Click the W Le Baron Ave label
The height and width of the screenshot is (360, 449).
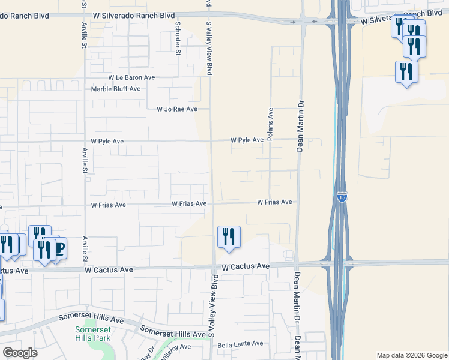point(131,78)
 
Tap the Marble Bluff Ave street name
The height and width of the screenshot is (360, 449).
point(116,89)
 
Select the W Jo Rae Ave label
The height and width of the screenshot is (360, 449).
point(176,109)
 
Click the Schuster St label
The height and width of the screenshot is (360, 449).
point(178,38)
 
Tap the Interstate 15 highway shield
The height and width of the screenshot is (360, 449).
point(342,197)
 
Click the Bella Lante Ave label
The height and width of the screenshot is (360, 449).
point(240,344)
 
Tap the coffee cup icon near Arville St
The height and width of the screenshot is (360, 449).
point(59,248)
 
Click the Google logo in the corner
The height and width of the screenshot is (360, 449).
point(20,353)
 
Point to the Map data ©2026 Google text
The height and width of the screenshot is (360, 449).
point(411,355)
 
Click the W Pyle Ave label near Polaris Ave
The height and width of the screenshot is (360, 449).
point(247,140)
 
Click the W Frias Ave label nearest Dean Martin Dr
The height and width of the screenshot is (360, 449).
point(275,203)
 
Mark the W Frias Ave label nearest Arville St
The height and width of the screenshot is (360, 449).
point(108,205)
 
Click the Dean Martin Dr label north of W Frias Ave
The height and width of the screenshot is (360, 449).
point(299,125)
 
